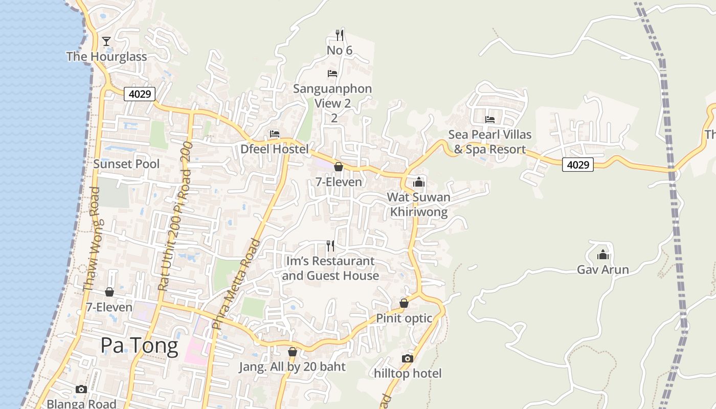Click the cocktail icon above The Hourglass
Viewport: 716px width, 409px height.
tap(106, 41)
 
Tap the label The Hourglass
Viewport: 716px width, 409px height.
tap(106, 57)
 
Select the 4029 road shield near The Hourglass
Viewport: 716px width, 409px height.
tap(139, 94)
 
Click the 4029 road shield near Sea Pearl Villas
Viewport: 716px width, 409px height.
tap(577, 165)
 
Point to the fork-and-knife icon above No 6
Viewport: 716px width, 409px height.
tap(339, 35)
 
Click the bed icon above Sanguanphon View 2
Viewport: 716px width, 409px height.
tap(332, 74)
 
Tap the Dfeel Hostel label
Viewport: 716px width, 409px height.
tap(275, 149)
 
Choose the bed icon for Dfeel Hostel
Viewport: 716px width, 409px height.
tap(275, 134)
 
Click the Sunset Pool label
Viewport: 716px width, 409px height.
tap(126, 164)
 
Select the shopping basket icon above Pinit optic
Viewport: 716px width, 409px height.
tap(404, 303)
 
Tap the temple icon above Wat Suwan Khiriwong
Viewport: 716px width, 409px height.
tap(419, 181)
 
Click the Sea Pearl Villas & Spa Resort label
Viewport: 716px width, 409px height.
tap(490, 142)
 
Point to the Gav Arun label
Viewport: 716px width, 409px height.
tap(603, 269)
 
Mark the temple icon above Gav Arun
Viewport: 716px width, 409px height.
tap(603, 254)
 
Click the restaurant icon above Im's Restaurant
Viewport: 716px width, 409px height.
tap(330, 246)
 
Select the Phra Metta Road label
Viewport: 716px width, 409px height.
tap(237, 284)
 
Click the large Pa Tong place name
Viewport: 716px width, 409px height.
tap(139, 346)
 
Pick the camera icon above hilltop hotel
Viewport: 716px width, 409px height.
tap(408, 358)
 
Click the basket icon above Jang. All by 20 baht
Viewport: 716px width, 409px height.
tap(293, 352)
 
